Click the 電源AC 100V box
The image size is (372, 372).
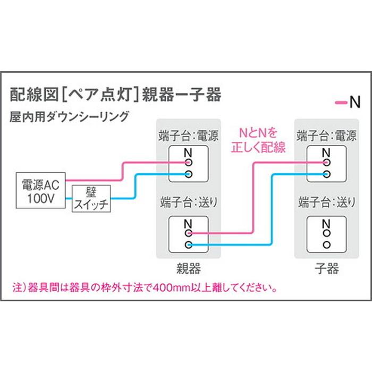coord(40,190)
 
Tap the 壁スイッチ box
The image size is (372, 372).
coord(91,199)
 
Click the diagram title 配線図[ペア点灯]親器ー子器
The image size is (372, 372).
coord(116,95)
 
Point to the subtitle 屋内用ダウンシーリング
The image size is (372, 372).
coord(69,116)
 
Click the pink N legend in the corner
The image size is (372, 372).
coord(348,102)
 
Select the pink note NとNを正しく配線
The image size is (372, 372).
coord(258,140)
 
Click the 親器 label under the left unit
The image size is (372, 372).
coord(189,268)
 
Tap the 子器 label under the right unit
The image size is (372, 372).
coord(327,268)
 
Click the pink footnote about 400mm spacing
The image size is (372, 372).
coord(145,288)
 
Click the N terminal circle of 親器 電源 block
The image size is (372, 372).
coord(188,163)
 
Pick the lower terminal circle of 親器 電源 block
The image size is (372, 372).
coord(188,174)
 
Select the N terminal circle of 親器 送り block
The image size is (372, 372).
coord(188,233)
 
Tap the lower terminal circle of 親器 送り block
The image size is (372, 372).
coord(188,244)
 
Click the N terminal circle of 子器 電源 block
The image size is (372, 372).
coord(326,163)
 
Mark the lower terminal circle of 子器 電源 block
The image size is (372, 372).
coord(326,174)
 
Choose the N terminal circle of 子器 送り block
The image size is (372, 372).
coord(326,233)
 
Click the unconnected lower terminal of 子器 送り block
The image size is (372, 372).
coord(326,244)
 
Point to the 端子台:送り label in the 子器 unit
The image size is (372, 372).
coord(327,202)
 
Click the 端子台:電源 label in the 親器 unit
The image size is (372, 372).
coord(188,136)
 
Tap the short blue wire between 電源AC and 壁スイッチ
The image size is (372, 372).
coord(69,199)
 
